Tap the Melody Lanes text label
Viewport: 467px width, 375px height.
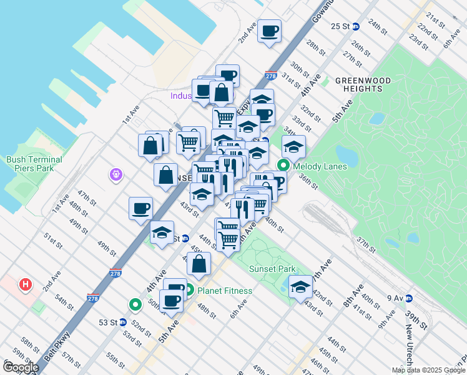pyautogui.click(x=319, y=166)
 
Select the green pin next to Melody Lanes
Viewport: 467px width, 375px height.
pyautogui.click(x=283, y=166)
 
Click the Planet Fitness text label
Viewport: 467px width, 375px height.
pyautogui.click(x=225, y=291)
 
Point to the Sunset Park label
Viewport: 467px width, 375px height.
pyautogui.click(x=272, y=269)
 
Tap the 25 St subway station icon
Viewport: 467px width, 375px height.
pyautogui.click(x=356, y=26)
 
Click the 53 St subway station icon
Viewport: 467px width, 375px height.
pyautogui.click(x=123, y=322)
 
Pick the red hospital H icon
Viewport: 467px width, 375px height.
pyautogui.click(x=26, y=285)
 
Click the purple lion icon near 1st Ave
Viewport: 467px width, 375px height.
pyautogui.click(x=116, y=175)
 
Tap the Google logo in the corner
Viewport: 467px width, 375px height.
pyautogui.click(x=20, y=367)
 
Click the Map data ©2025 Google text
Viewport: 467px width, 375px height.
pyautogui.click(x=428, y=370)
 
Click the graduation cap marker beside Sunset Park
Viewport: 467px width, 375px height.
pyautogui.click(x=300, y=287)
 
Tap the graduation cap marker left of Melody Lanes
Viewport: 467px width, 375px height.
pyautogui.click(x=293, y=147)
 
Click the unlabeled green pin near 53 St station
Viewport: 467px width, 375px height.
pyautogui.click(x=135, y=305)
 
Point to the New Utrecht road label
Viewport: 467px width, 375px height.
pyautogui.click(x=409, y=347)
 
